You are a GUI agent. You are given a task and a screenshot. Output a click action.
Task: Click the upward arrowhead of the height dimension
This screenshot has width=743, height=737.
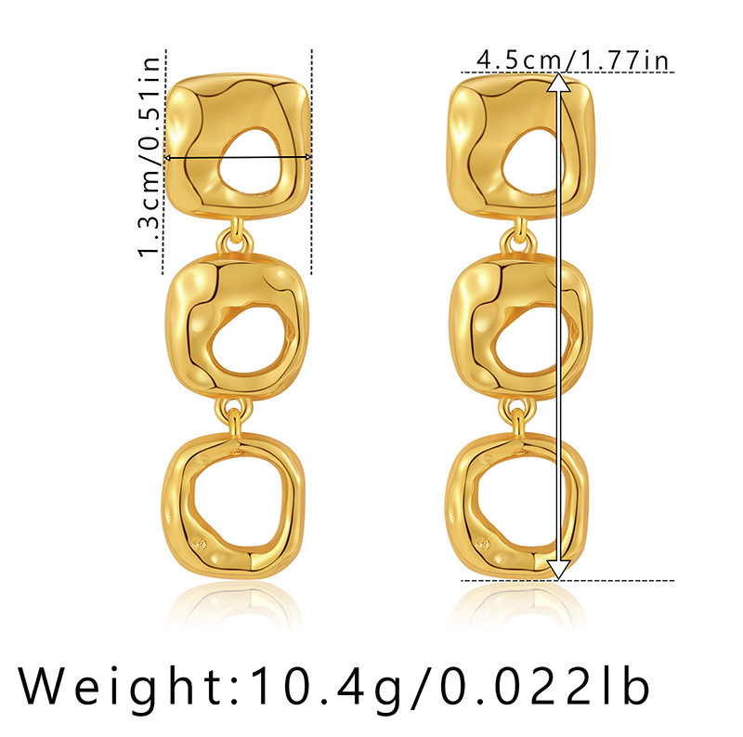coord(559,85)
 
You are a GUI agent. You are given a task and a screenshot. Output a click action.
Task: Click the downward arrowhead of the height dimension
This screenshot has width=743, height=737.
coord(559,569)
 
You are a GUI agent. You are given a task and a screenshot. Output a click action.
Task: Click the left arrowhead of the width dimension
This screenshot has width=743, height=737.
coord(170,159)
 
